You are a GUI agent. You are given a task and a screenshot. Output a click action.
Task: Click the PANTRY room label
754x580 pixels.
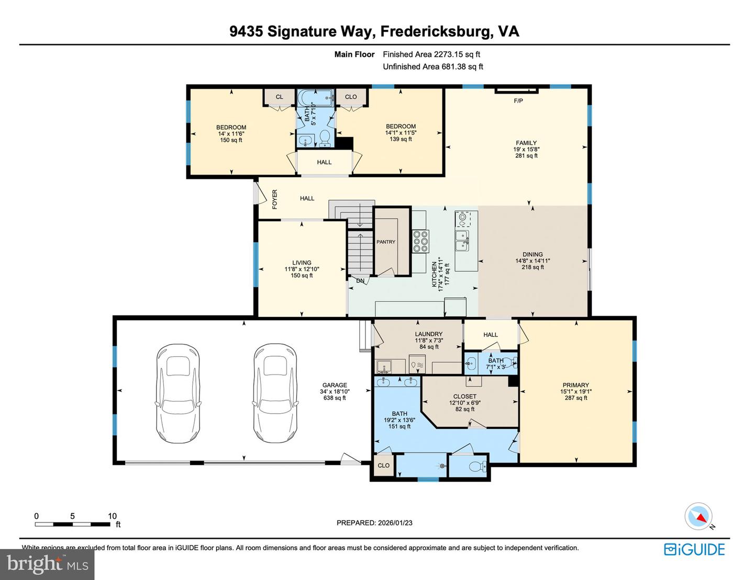point(386,242)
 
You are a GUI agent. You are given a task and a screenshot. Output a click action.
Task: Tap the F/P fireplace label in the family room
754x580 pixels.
point(518,101)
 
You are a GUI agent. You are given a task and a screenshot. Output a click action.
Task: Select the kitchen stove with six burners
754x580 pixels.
point(420,242)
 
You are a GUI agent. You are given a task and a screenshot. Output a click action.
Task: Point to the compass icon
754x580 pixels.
point(698,517)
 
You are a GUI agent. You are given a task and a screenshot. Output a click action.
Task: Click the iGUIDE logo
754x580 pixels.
point(694,549)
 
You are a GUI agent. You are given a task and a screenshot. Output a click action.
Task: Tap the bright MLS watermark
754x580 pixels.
point(47,564)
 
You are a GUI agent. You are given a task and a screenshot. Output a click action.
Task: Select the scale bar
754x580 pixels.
point(73,524)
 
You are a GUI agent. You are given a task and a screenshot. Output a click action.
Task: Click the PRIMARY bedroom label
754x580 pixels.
point(575,385)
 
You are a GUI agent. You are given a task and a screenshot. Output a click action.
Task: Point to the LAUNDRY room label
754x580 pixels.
point(428,334)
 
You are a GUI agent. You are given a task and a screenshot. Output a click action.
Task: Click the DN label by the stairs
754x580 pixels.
point(360,281)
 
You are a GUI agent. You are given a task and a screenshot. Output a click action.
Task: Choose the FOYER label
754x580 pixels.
point(275,199)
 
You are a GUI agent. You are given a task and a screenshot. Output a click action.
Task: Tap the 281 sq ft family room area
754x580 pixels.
point(526,156)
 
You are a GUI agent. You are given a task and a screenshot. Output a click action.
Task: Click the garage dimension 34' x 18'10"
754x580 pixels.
point(334,392)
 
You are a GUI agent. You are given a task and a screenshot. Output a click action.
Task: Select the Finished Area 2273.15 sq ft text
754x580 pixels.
point(431,54)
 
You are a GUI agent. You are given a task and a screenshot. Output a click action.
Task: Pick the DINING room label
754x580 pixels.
point(533,255)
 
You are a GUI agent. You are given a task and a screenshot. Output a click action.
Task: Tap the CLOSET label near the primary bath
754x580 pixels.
point(464,396)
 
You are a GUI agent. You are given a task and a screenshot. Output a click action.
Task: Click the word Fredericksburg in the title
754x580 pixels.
point(436,31)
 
